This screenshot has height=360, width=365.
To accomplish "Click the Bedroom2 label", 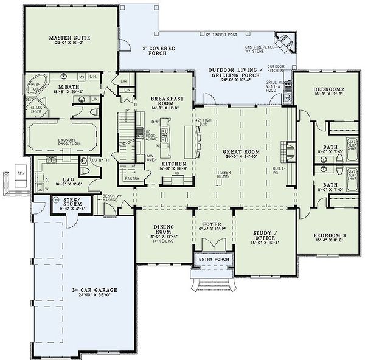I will coord(325,89).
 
